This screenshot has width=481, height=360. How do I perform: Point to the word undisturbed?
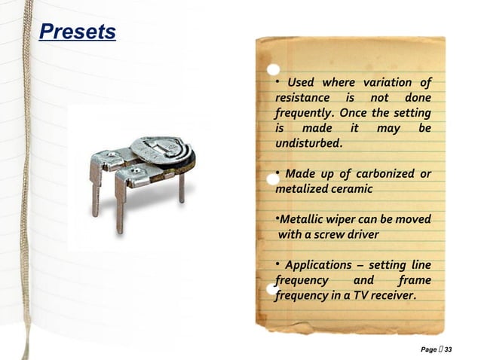308,143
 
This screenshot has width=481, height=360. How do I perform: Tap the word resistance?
302,98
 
